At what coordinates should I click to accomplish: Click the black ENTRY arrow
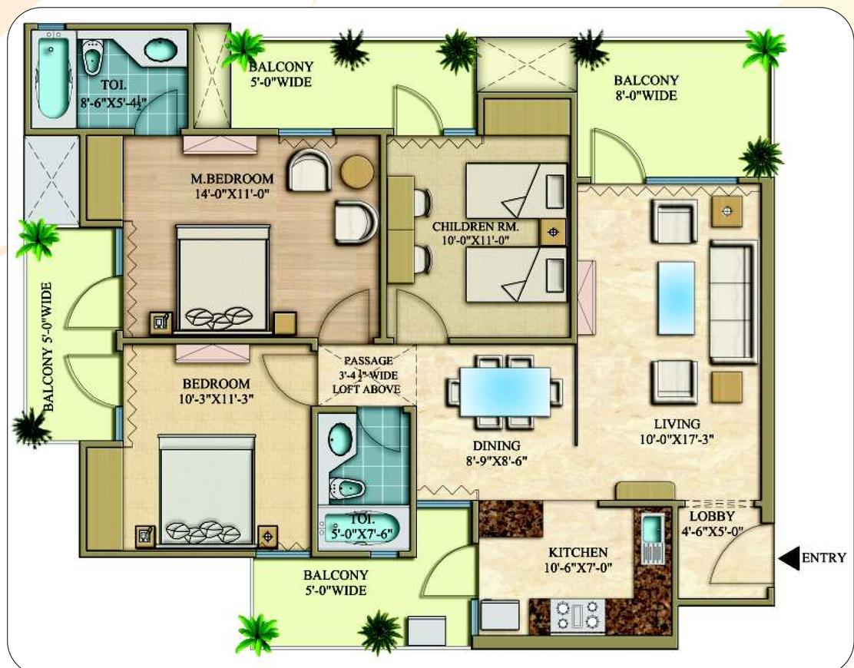[x=789, y=558]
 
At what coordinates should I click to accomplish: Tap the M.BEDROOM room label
[x=232, y=179]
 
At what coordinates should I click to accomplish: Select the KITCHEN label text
[x=578, y=552]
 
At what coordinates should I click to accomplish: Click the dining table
[x=505, y=392]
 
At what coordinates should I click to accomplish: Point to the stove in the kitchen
[x=578, y=616]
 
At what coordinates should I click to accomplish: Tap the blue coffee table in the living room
[x=676, y=298]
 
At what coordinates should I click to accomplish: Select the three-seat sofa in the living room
[x=733, y=303]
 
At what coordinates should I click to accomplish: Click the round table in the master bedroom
[x=357, y=171]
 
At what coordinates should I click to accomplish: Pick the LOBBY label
[x=712, y=515]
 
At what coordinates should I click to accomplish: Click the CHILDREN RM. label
[x=475, y=227]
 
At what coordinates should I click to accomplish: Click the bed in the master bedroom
[x=223, y=278]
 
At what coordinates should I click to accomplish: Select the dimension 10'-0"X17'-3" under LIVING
[x=677, y=438]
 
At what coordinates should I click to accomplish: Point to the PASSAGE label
[x=368, y=360]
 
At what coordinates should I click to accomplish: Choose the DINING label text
[x=496, y=446]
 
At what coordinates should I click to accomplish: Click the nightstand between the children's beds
[x=553, y=233]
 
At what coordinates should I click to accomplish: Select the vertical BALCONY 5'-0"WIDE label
[x=48, y=346]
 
